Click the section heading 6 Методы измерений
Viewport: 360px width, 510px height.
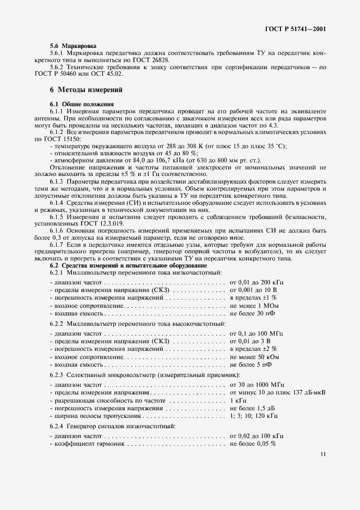tap(85, 89)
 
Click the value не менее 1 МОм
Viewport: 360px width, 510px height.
tap(254, 306)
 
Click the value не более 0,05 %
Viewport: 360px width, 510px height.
tap(253, 444)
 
